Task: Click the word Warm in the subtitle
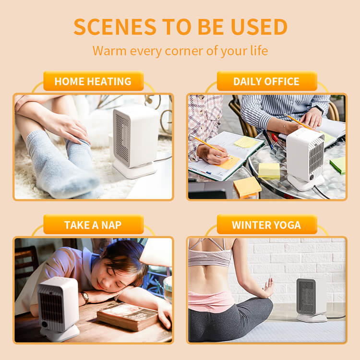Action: pos(109,51)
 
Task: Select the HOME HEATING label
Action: pos(94,81)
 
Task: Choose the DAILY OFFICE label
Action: pos(267,81)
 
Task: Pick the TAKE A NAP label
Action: pos(94,225)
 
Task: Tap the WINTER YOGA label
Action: pos(267,225)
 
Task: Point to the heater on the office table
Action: pos(305,159)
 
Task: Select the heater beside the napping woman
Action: pos(59,309)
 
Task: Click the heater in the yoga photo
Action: pos(311,300)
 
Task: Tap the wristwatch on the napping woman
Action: pos(85,297)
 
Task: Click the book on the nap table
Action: pos(128,316)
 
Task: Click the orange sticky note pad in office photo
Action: pos(248,187)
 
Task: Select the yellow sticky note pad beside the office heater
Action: pos(269,171)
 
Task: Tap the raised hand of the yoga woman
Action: pos(268,288)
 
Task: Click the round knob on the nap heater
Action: pos(45,324)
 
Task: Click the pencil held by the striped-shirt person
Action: pos(299,122)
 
